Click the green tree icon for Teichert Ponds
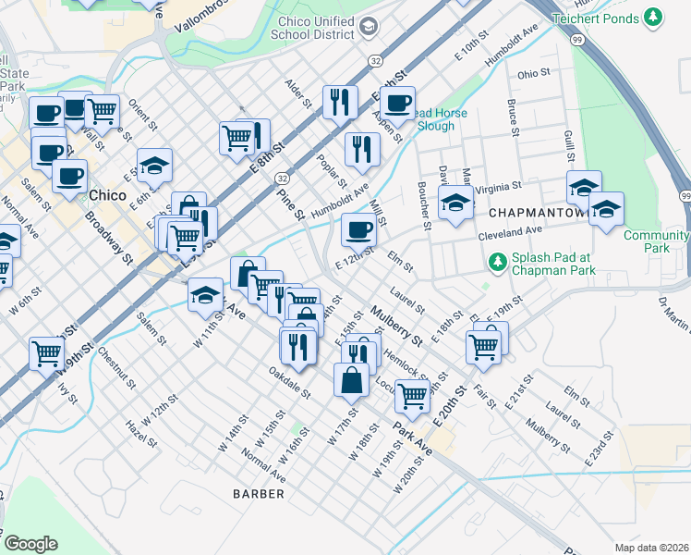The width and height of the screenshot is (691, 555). (654, 17)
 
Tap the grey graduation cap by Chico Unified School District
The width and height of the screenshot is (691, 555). (370, 27)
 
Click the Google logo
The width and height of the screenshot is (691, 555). (30, 543)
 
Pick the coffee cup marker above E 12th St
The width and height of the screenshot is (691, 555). (358, 228)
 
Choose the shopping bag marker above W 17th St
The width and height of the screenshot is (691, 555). (352, 379)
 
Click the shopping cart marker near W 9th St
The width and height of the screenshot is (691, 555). (47, 352)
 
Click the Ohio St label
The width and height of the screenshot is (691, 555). (533, 73)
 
